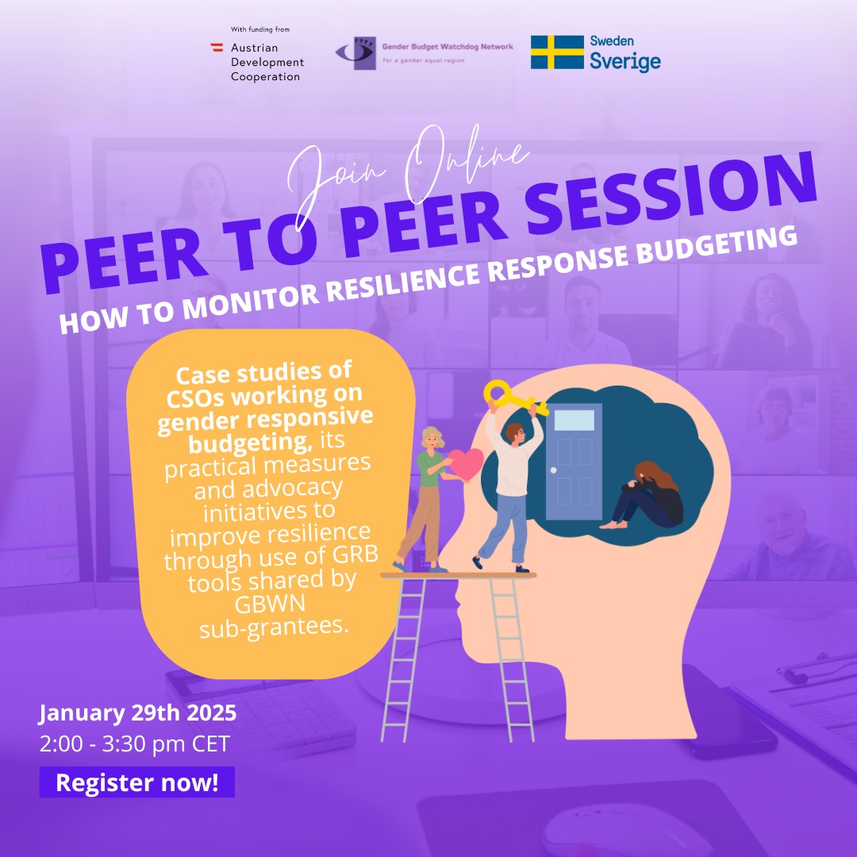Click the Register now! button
click(x=136, y=782)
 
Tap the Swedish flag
click(x=557, y=52)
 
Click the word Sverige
click(x=624, y=61)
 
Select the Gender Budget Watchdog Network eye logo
click(x=355, y=53)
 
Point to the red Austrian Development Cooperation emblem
click(x=217, y=47)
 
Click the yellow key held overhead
click(x=514, y=398)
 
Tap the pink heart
click(x=466, y=464)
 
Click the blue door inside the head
click(x=574, y=462)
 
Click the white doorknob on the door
click(x=554, y=470)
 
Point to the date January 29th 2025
click(x=137, y=713)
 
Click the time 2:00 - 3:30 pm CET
click(x=134, y=744)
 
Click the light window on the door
click(x=574, y=421)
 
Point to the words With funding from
click(x=260, y=29)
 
